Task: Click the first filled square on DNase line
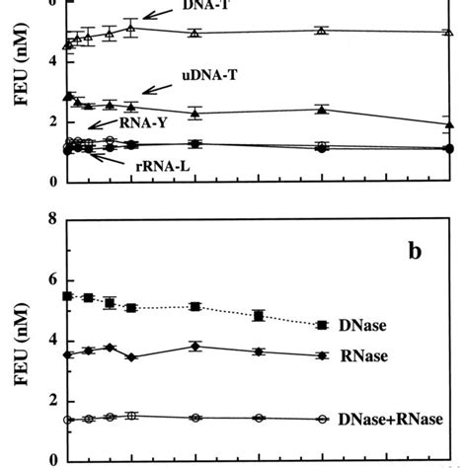[67, 296]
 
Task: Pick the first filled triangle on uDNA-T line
[67, 96]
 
